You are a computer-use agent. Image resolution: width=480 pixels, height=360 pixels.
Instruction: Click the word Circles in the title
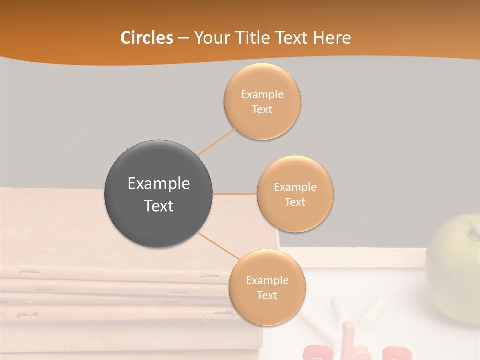point(146,38)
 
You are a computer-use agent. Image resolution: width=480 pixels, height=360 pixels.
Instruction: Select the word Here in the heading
point(332,38)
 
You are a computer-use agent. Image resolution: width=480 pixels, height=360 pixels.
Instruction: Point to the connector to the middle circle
point(235,194)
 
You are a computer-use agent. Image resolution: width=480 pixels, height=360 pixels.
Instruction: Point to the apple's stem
point(471,231)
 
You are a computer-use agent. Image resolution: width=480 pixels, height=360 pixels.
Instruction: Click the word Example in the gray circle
point(158,184)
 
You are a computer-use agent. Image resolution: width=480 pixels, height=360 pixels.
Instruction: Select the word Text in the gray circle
point(158,206)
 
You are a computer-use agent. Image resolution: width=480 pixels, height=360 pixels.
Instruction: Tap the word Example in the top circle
point(262,95)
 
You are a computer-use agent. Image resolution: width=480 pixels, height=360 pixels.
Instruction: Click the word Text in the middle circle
point(295,202)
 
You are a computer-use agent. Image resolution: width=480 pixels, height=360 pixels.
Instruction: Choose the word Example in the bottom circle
point(267,281)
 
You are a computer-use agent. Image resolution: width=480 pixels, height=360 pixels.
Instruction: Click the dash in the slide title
point(183,38)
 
